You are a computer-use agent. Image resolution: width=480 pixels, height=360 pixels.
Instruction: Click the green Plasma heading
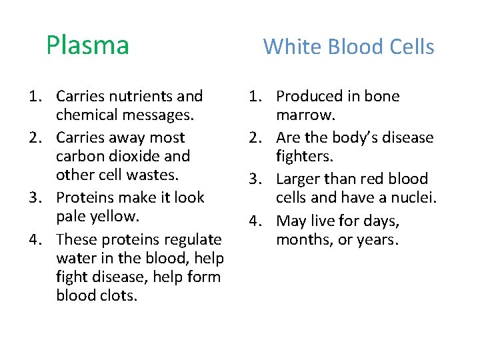[x=87, y=45]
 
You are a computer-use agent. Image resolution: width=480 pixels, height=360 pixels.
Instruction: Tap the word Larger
[x=296, y=179]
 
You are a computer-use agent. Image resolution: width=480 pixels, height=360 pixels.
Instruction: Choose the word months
[x=303, y=239]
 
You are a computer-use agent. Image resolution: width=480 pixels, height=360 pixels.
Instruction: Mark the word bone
[x=382, y=97]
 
